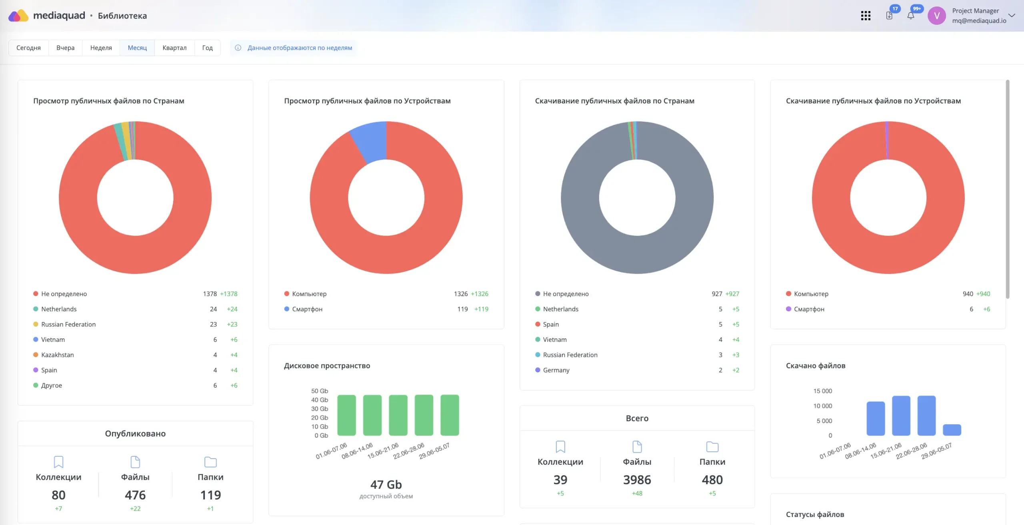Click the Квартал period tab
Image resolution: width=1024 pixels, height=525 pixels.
click(x=174, y=48)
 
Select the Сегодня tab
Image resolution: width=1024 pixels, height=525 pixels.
click(x=28, y=48)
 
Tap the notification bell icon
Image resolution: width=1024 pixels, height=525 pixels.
click(x=911, y=16)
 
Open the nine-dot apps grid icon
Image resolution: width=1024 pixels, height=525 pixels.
click(x=866, y=16)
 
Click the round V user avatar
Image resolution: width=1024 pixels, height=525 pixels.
click(x=937, y=16)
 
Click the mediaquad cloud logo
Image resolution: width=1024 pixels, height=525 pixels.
click(x=18, y=16)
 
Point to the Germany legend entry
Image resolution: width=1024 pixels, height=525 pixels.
click(x=552, y=370)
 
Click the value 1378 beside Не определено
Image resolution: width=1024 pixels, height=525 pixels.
click(x=210, y=294)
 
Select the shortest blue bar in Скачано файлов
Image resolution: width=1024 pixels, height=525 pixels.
click(x=952, y=430)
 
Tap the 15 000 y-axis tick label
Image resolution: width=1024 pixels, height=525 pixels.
click(x=822, y=391)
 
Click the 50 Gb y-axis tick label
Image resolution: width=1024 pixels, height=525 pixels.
click(x=320, y=391)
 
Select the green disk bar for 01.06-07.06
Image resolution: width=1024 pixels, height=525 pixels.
click(x=346, y=415)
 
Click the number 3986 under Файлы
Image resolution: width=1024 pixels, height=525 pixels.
click(x=637, y=479)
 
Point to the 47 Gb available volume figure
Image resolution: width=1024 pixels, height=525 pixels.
click(x=386, y=484)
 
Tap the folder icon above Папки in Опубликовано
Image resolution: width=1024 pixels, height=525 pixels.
click(x=210, y=462)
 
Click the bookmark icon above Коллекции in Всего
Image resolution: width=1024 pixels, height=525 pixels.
click(x=560, y=446)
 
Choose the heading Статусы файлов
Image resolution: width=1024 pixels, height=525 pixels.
click(x=815, y=514)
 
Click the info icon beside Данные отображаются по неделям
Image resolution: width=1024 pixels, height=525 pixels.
click(x=238, y=48)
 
